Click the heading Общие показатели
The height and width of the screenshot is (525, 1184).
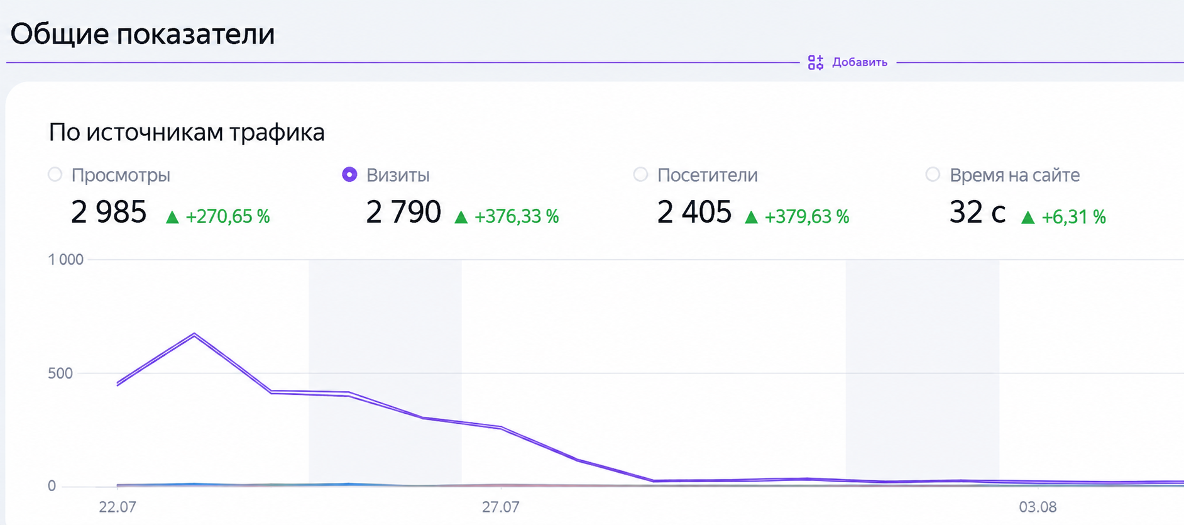pyautogui.click(x=143, y=34)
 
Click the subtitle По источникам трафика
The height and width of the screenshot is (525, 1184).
pyautogui.click(x=187, y=132)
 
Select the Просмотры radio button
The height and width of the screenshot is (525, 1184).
pyautogui.click(x=55, y=174)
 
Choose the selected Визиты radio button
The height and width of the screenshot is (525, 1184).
pyautogui.click(x=349, y=174)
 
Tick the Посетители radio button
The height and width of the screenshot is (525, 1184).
pyautogui.click(x=640, y=174)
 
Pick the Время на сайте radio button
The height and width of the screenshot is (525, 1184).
pyautogui.click(x=933, y=174)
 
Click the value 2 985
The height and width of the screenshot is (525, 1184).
pyautogui.click(x=109, y=212)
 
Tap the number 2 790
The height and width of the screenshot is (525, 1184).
pyautogui.click(x=403, y=212)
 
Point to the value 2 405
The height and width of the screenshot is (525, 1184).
pyautogui.click(x=694, y=212)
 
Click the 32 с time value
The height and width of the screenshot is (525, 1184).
pyautogui.click(x=977, y=212)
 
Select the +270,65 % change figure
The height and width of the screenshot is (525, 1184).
pyautogui.click(x=227, y=216)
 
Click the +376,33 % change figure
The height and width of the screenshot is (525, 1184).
pyautogui.click(x=517, y=216)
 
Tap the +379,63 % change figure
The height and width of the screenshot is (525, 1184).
pyautogui.click(x=807, y=216)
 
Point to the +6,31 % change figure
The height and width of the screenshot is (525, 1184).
pyautogui.click(x=1073, y=217)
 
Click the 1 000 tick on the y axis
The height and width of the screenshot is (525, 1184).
pyautogui.click(x=66, y=260)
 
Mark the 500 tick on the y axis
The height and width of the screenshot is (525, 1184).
pyautogui.click(x=60, y=373)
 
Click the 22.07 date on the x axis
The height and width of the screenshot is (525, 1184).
pyautogui.click(x=118, y=507)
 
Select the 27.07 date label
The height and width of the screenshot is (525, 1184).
pyautogui.click(x=500, y=507)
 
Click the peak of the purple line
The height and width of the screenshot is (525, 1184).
pyautogui.click(x=194, y=334)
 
